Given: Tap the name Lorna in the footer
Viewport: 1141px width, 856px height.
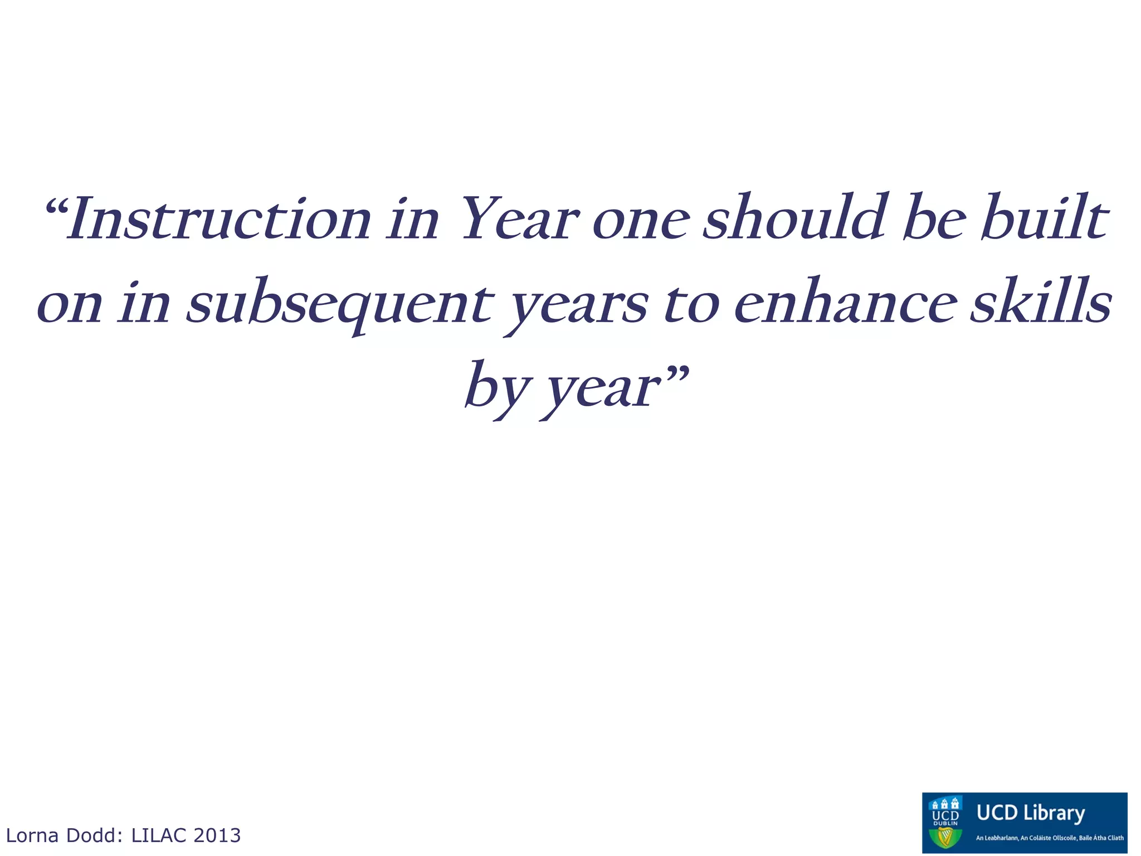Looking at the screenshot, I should [x=32, y=835].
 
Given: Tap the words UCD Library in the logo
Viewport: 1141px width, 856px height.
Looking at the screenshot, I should [x=1031, y=813].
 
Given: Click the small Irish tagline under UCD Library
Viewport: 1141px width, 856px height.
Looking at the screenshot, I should [x=1050, y=838].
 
